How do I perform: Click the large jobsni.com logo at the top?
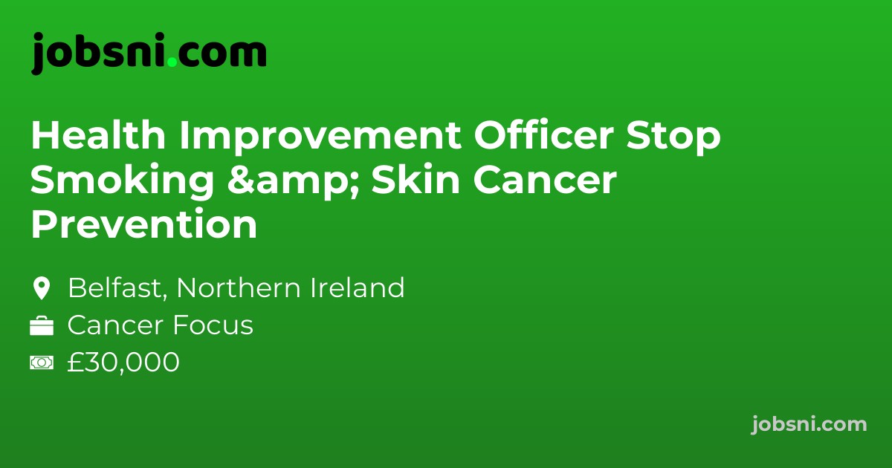[149, 53]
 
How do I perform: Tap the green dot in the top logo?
[172, 62]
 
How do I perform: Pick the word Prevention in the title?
[143, 225]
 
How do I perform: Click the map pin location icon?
[42, 288]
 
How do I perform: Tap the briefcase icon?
[42, 326]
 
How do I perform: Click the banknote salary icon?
[42, 363]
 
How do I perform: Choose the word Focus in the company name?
[220, 325]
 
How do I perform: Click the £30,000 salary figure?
[123, 363]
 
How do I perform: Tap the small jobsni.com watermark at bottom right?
[809, 424]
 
